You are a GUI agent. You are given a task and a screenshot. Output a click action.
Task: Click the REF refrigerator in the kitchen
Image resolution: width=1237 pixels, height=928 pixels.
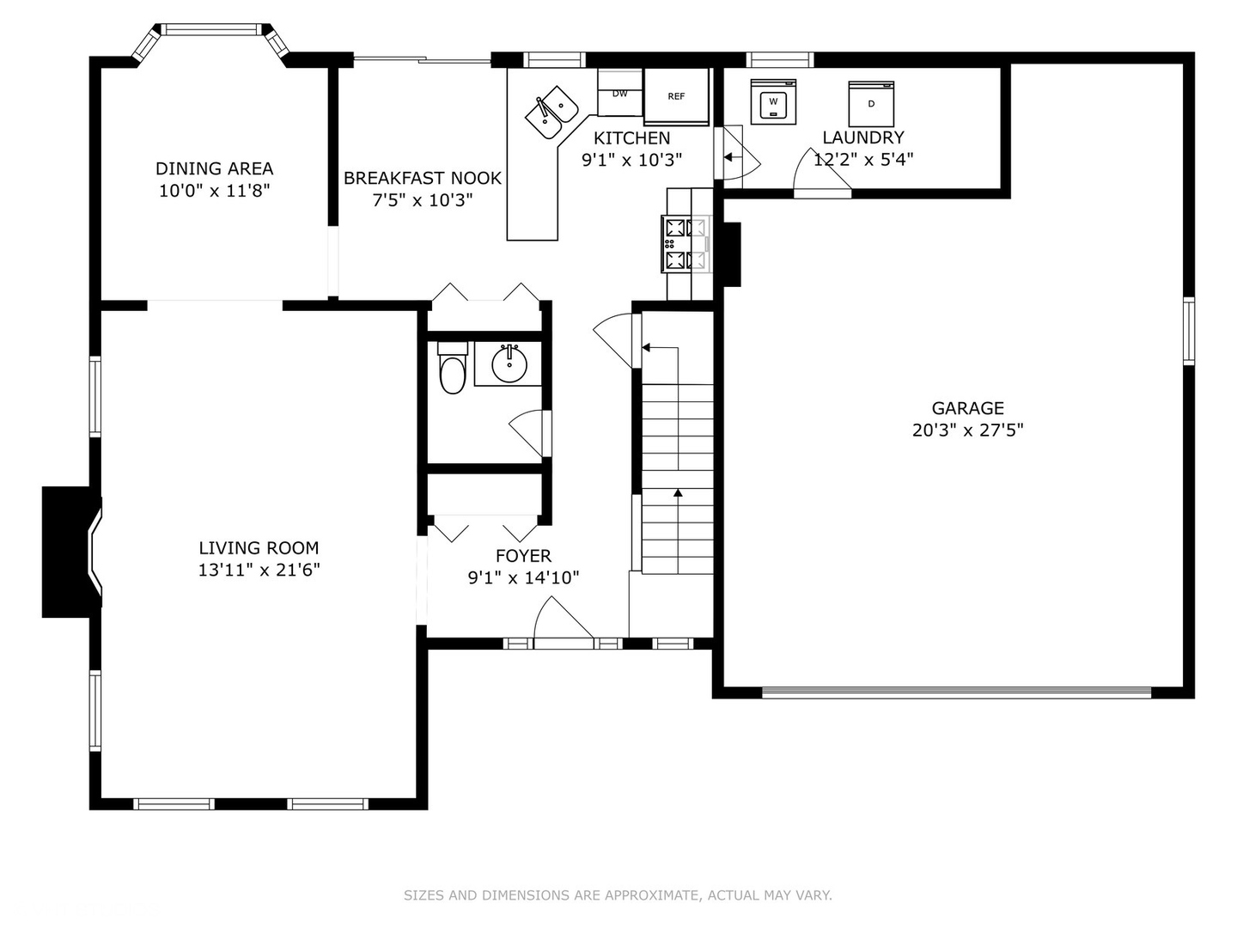pyautogui.click(x=676, y=96)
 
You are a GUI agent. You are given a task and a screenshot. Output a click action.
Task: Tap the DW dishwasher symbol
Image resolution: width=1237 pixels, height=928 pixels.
pyautogui.click(x=620, y=93)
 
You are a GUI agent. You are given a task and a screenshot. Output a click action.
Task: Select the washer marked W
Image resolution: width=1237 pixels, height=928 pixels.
pyautogui.click(x=773, y=102)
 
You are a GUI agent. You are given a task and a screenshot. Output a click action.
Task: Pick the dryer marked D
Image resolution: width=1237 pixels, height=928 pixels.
pyautogui.click(x=871, y=104)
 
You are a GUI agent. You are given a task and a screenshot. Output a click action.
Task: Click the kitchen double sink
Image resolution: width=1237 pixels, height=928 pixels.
pyautogui.click(x=551, y=112)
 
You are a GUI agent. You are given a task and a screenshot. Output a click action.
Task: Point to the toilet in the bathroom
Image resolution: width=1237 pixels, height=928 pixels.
pyautogui.click(x=453, y=368)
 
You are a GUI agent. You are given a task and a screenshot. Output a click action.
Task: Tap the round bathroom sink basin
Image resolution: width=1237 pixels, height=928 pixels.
pyautogui.click(x=509, y=364)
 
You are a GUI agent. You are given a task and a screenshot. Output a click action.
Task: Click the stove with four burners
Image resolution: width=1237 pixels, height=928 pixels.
pyautogui.click(x=686, y=244)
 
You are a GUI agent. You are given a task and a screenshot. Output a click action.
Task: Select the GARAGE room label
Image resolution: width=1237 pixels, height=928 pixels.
pyautogui.click(x=967, y=408)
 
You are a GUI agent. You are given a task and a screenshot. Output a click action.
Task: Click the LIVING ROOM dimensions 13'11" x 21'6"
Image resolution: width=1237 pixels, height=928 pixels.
pyautogui.click(x=259, y=570)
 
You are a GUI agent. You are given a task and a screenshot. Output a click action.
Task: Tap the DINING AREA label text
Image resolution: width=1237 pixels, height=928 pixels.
pyautogui.click(x=214, y=168)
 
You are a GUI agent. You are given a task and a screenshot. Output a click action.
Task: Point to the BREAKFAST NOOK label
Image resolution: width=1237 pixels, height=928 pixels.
pyautogui.click(x=422, y=178)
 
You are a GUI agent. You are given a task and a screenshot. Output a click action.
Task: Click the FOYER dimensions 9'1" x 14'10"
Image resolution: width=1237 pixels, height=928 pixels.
pyautogui.click(x=523, y=577)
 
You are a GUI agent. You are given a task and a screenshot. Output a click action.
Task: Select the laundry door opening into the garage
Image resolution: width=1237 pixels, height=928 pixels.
pyautogui.click(x=821, y=172)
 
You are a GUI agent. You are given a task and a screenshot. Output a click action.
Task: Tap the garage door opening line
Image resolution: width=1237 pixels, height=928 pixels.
pyautogui.click(x=956, y=693)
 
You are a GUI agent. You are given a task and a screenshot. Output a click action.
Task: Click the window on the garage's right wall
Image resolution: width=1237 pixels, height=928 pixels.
pyautogui.click(x=1189, y=331)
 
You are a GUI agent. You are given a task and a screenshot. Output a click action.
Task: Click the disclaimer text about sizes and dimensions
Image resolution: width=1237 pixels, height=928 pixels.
pyautogui.click(x=618, y=894)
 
